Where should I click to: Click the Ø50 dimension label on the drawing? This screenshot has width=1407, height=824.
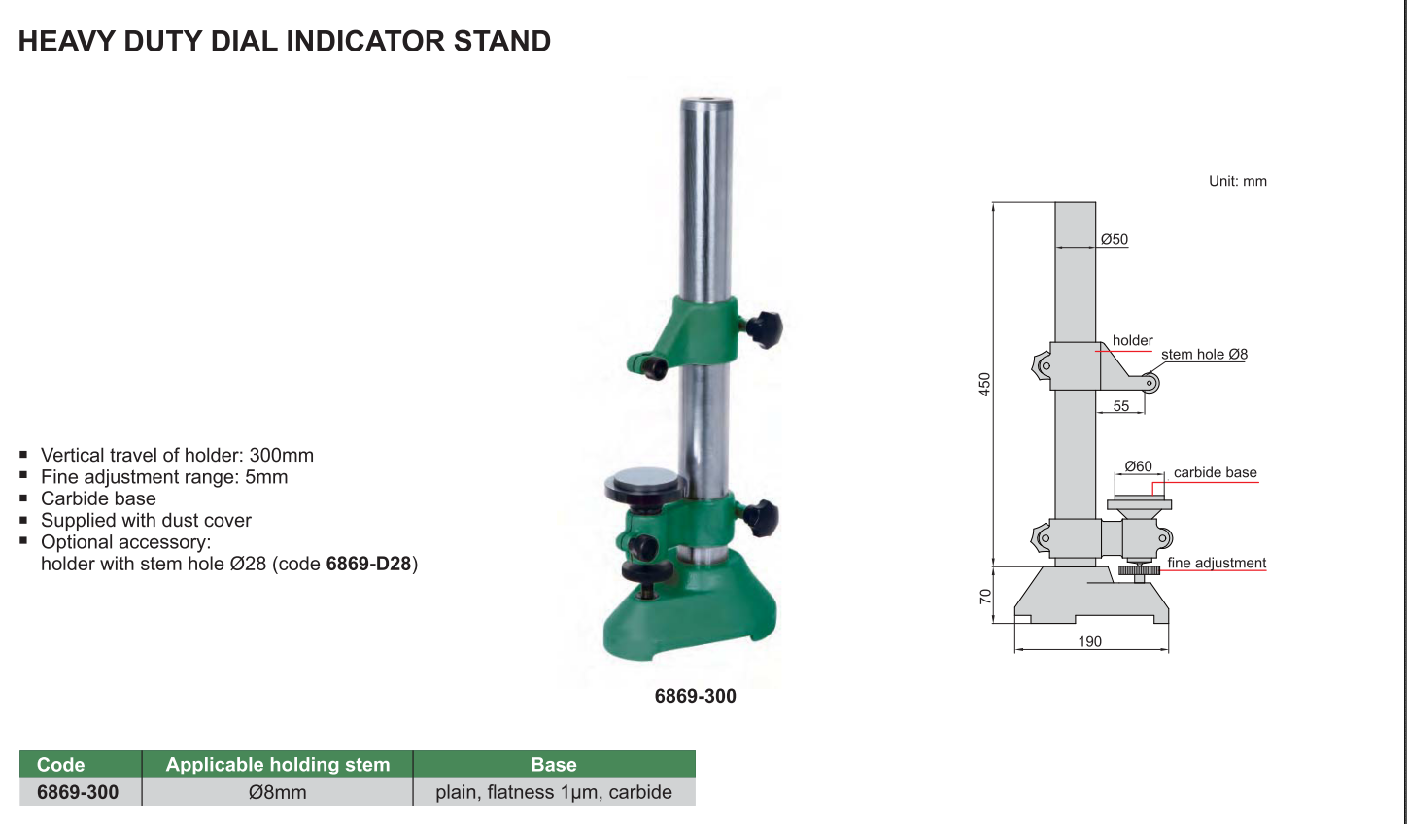(x=1115, y=239)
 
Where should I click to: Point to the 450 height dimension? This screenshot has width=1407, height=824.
(x=984, y=385)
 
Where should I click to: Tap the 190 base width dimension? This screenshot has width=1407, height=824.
(x=1090, y=642)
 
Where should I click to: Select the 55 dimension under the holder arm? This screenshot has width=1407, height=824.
(x=1121, y=406)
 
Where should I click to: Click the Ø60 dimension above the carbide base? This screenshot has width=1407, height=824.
(x=1138, y=466)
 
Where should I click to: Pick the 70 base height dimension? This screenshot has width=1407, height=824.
(x=985, y=597)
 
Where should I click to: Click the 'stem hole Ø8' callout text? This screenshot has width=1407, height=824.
(x=1204, y=355)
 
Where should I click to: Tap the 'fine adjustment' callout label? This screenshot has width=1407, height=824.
(x=1217, y=563)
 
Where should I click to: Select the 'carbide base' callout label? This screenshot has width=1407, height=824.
(x=1216, y=472)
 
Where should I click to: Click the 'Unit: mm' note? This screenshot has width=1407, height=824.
(x=1237, y=181)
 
